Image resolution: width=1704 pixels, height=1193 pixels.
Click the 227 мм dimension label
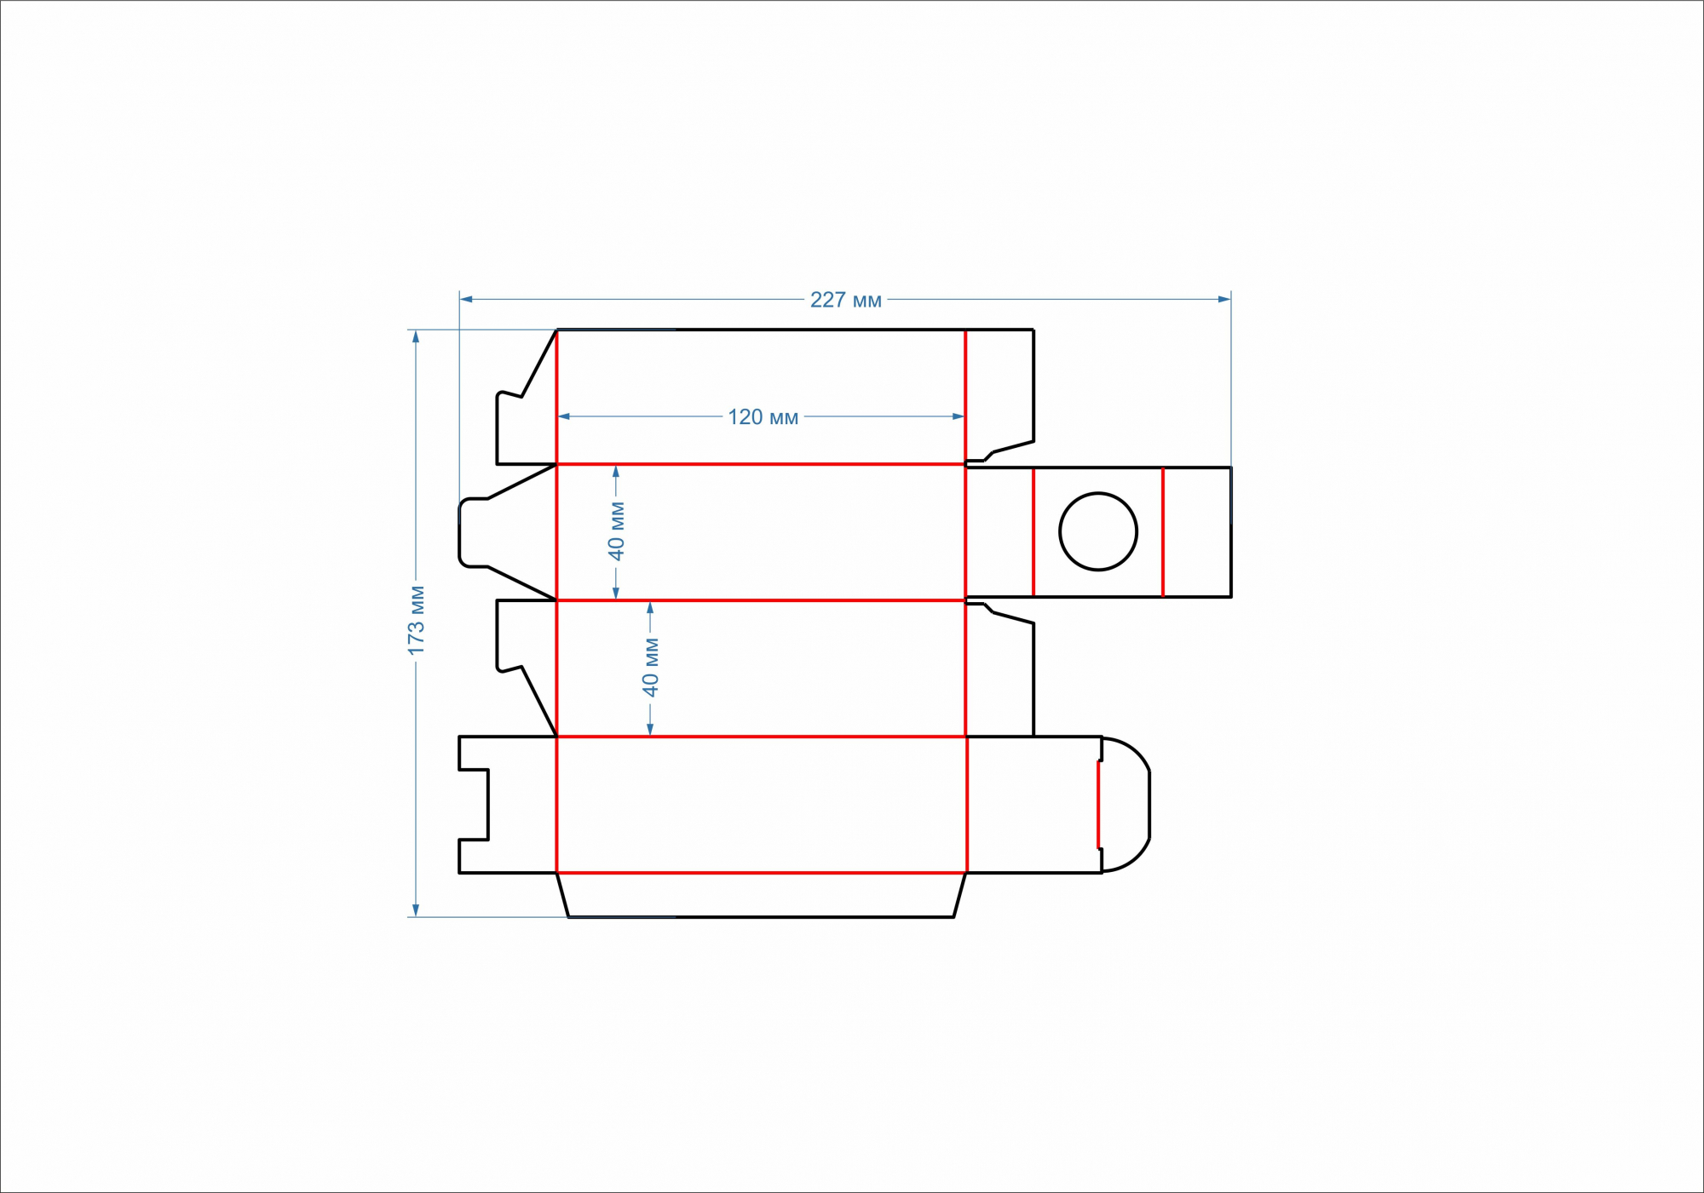click(x=845, y=300)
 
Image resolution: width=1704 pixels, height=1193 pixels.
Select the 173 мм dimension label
click(x=416, y=621)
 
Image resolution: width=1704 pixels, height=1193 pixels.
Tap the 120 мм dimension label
click(x=763, y=417)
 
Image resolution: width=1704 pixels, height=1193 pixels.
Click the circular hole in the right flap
click(x=1098, y=531)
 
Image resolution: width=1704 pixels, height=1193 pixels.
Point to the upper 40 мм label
click(x=616, y=531)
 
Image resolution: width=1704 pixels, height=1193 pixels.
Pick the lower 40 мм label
click(x=651, y=667)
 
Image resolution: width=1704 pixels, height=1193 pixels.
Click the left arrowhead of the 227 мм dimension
click(x=466, y=300)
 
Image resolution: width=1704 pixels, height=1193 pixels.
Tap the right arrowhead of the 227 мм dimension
click(x=1224, y=300)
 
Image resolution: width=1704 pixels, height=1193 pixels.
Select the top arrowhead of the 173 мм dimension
click(x=416, y=336)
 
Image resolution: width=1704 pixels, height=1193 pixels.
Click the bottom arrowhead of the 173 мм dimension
click(x=416, y=910)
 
